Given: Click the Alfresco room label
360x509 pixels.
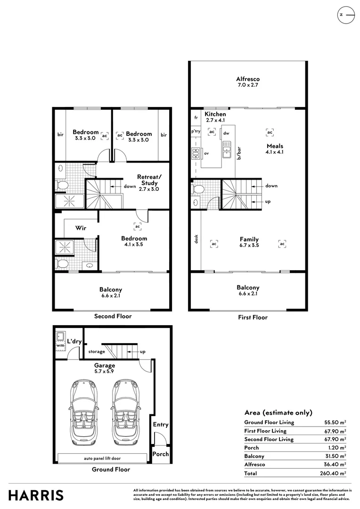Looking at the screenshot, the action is coord(248,79).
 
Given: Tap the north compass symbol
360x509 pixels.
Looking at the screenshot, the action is coord(346,15).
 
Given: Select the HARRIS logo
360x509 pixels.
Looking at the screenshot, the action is coord(36,495).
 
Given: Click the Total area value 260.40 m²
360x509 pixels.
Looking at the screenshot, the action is coord(333,473).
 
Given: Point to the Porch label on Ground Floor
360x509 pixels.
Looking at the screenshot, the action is coord(161,454).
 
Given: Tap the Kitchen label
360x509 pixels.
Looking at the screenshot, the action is coord(215,114).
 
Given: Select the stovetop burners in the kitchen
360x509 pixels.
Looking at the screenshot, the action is coord(196,153).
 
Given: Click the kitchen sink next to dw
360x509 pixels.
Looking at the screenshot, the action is coord(226,150).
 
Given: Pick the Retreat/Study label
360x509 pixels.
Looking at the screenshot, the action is coord(149,180).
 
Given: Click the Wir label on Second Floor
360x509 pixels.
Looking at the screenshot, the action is coord(81,228).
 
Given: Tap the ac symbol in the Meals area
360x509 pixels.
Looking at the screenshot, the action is coord(270,132).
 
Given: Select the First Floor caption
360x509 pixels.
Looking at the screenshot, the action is coord(253,318).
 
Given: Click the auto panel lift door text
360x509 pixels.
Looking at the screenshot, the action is coord(102,459).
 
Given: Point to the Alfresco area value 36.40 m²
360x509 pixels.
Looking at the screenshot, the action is coord(335,465).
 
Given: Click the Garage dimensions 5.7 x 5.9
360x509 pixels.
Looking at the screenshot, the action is coord(104,371).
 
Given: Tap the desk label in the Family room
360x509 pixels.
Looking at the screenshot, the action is coord(196,239).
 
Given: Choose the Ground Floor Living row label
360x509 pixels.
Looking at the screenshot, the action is coord(269,422).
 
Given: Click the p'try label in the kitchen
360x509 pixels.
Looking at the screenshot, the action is coord(196,131).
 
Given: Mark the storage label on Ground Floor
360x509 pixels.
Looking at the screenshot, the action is coord(97,352).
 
